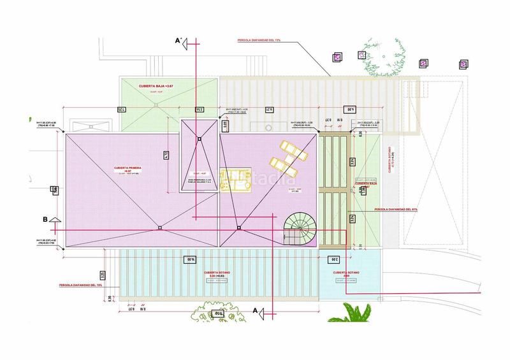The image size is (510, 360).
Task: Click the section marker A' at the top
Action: click(179, 41)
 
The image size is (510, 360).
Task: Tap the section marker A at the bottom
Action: click(256, 310)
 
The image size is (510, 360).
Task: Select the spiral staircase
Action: click(299, 227)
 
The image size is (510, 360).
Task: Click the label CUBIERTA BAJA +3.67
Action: click(156, 85)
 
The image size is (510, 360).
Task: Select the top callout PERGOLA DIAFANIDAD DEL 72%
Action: click(258, 40)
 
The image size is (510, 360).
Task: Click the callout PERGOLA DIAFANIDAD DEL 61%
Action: click(396, 208)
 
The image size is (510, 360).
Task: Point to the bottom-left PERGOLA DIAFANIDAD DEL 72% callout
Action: click(80, 285)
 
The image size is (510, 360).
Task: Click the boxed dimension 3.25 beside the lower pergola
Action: click(103, 275)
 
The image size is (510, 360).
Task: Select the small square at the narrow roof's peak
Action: click(199, 139)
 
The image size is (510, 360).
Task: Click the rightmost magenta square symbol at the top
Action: click(463, 63)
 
